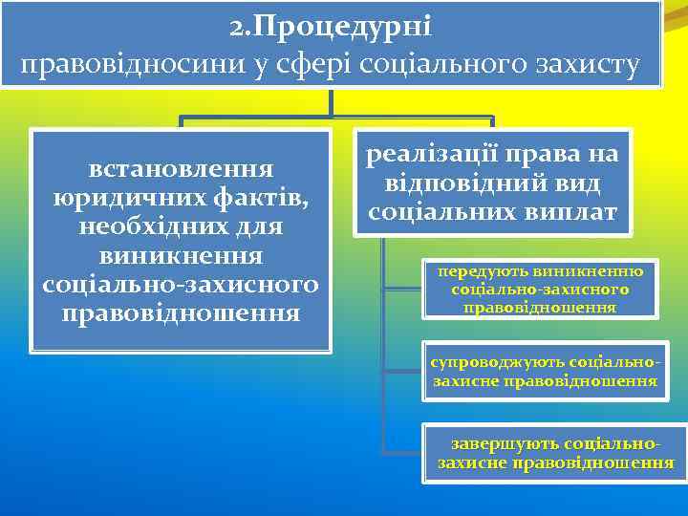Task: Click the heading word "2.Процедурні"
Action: [331, 27]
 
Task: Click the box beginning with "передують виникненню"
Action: [539, 289]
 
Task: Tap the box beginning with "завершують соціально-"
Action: [555, 455]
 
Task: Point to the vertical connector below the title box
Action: [331, 104]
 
